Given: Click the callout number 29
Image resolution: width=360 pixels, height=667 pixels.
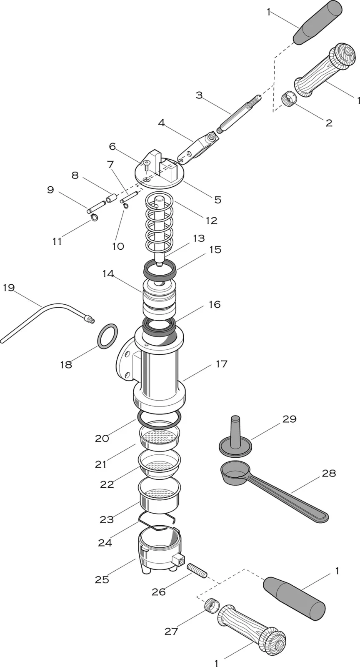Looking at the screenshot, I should (289, 419).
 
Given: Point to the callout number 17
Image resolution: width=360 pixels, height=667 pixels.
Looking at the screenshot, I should (222, 364).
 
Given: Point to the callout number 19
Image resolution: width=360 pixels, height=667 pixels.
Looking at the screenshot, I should (8, 287).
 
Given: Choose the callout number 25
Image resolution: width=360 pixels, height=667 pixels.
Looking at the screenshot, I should (102, 579).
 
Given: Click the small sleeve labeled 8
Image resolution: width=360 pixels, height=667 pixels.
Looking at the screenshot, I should (110, 198).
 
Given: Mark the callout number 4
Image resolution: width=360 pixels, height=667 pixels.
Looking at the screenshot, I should (161, 123).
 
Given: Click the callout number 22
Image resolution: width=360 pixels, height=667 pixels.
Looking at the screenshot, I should (107, 484).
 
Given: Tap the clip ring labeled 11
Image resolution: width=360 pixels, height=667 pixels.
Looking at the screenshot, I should (95, 216).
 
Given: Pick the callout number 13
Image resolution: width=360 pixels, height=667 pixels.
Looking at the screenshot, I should (199, 238).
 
